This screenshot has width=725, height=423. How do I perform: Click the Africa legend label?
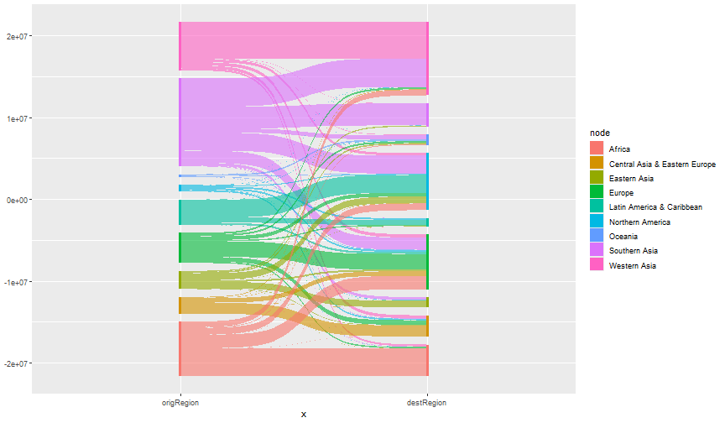pyautogui.click(x=620, y=149)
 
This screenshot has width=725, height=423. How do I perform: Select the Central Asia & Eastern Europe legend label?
pyautogui.click(x=662, y=164)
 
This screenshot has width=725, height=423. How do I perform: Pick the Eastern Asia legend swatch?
pyautogui.click(x=597, y=178)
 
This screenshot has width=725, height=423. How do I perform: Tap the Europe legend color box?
pyautogui.click(x=597, y=193)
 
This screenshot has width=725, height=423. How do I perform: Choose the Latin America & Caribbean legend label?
pyautogui.click(x=655, y=207)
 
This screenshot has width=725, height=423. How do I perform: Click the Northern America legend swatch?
pyautogui.click(x=597, y=222)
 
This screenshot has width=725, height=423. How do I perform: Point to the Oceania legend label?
pyautogui.click(x=623, y=237)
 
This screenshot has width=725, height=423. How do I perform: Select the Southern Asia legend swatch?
pyautogui.click(x=597, y=251)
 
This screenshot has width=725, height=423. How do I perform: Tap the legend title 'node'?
pyautogui.click(x=599, y=133)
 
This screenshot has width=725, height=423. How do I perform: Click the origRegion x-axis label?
pyautogui.click(x=180, y=403)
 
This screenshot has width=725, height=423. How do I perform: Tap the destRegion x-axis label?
pyautogui.click(x=427, y=403)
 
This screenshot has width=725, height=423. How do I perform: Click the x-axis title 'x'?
pyautogui.click(x=303, y=414)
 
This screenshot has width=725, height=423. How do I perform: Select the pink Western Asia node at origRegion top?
pyautogui.click(x=180, y=46)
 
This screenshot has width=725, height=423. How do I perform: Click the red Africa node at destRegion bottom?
pyautogui.click(x=427, y=362)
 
